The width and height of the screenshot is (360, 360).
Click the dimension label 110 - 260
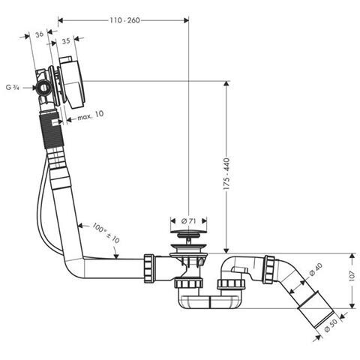(x=124, y=20)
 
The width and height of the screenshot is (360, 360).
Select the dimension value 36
(x=39, y=34)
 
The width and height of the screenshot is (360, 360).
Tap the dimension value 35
(x=66, y=41)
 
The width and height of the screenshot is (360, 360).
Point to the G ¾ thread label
(x=13, y=88)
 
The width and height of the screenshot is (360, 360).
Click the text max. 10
(x=91, y=115)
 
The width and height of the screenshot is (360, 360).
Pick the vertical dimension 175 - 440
(x=226, y=174)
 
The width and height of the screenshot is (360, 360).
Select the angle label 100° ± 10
(x=106, y=233)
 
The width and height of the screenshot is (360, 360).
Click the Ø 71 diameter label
(x=189, y=221)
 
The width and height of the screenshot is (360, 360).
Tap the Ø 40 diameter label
(x=316, y=270)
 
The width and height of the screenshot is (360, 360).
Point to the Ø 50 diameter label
(x=331, y=325)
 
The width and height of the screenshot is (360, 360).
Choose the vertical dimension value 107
(x=352, y=276)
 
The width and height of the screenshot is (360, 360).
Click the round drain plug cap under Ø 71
(x=189, y=233)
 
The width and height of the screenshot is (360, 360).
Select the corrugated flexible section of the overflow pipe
(x=52, y=130)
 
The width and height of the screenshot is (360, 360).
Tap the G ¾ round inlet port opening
(x=44, y=88)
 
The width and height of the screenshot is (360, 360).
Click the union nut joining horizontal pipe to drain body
(x=149, y=268)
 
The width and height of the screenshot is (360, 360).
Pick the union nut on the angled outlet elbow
(x=269, y=269)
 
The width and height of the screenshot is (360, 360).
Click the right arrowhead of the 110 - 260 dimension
(x=186, y=20)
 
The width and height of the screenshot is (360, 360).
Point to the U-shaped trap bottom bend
(x=210, y=302)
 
